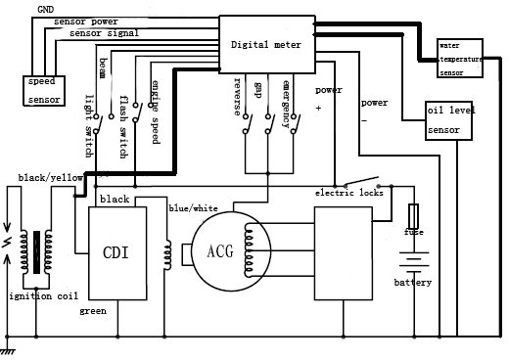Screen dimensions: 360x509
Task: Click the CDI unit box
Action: (117, 251)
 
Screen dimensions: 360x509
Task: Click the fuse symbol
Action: (416, 214)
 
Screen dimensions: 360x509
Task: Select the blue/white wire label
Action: (192, 207)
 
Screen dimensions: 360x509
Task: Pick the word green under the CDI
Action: (94, 311)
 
